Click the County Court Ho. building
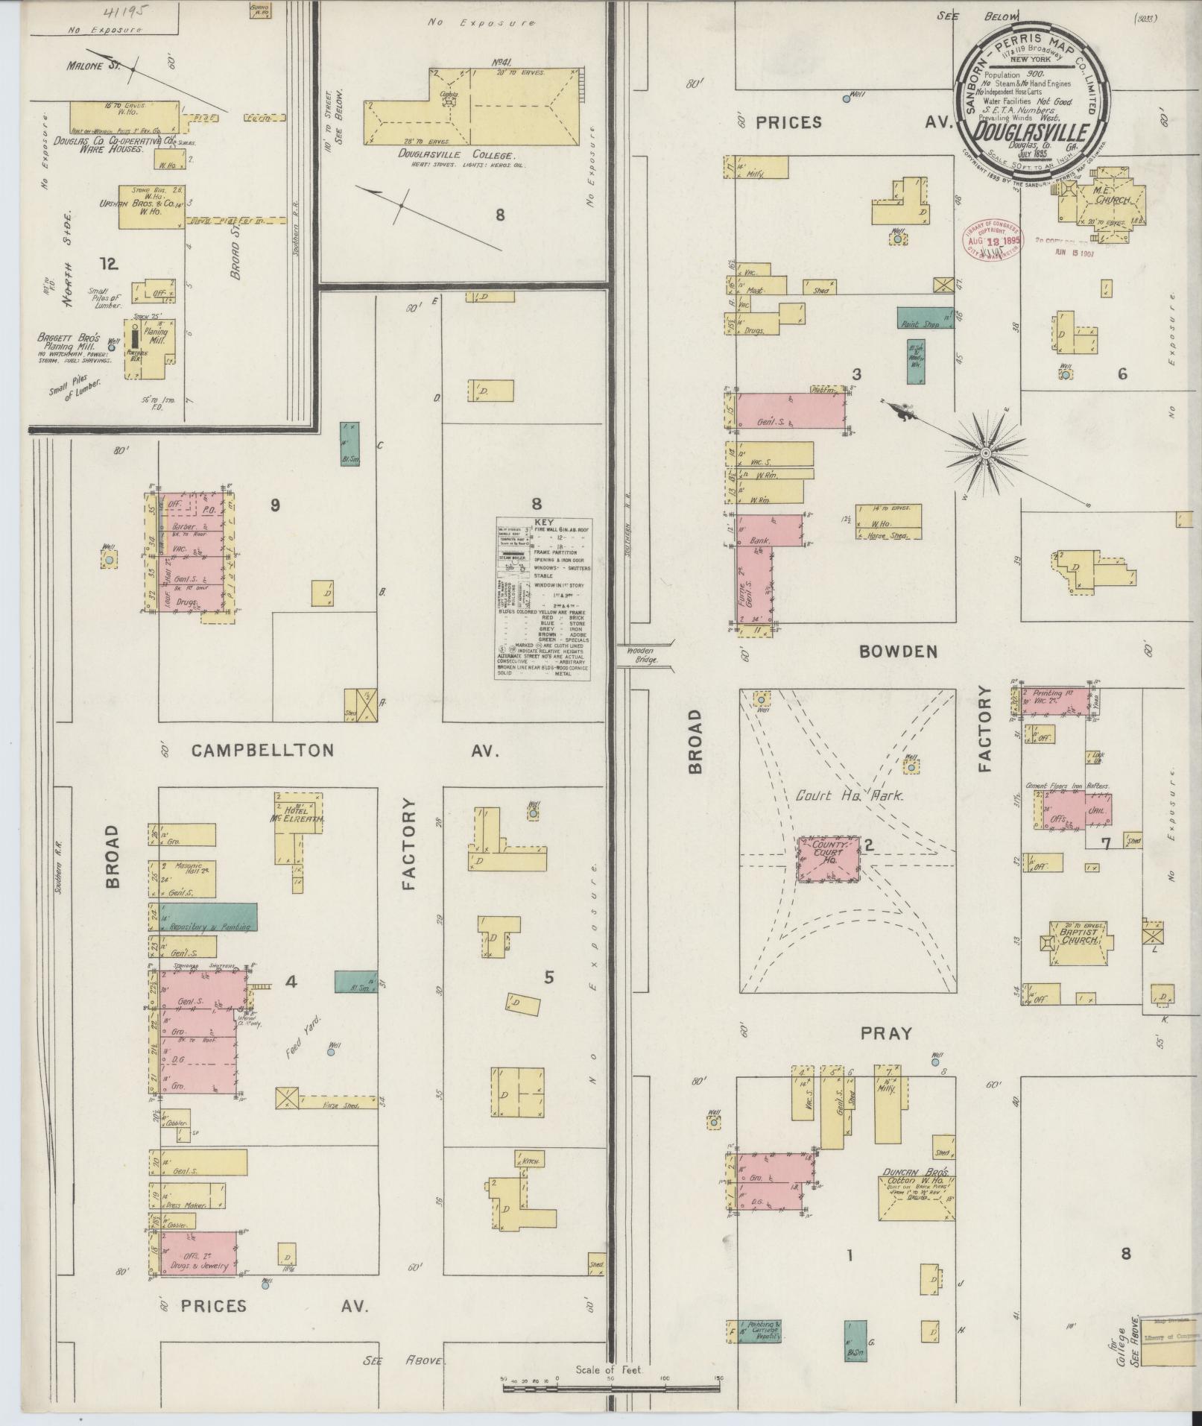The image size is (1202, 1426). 828,859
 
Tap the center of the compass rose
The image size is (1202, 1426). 985,452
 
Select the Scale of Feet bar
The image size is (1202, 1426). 611,1387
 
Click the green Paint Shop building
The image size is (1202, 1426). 925,318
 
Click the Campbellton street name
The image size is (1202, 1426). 263,750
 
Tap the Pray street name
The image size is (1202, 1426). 887,1033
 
